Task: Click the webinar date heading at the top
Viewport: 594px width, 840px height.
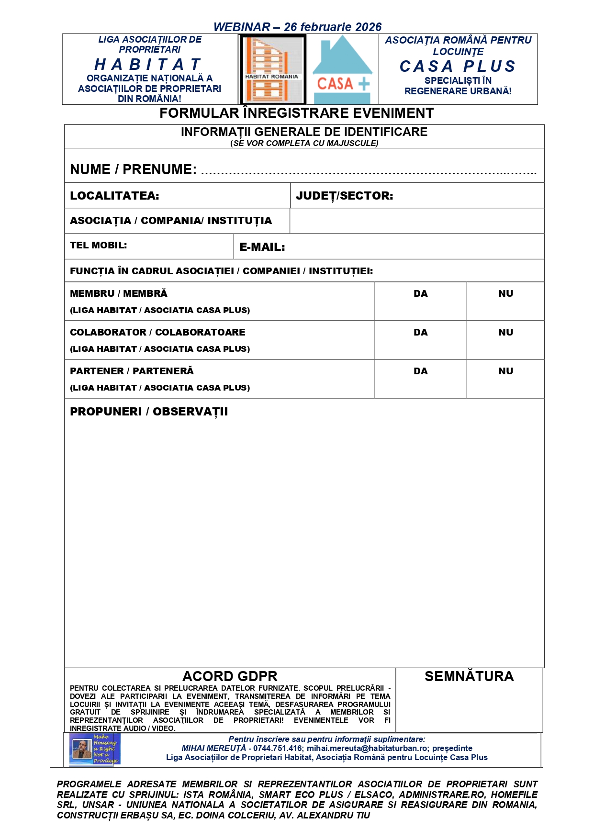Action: (x=297, y=27)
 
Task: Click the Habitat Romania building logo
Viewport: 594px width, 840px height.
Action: (x=272, y=70)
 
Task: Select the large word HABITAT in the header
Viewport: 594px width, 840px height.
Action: (x=149, y=64)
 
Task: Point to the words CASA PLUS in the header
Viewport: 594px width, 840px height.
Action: (x=458, y=66)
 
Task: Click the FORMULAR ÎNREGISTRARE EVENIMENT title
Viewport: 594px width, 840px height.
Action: (x=296, y=113)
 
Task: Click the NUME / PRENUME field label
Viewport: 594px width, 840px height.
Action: (x=133, y=169)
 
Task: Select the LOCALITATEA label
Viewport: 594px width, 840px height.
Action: (x=114, y=196)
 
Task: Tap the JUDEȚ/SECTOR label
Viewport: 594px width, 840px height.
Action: (x=344, y=196)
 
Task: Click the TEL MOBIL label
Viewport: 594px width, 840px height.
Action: (x=98, y=245)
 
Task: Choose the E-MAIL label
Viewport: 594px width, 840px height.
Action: (x=262, y=247)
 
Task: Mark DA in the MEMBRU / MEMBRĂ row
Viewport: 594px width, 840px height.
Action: (x=420, y=294)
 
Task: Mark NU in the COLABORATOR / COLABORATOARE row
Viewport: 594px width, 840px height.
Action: (x=505, y=333)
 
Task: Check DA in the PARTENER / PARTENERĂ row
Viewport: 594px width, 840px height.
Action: (x=420, y=371)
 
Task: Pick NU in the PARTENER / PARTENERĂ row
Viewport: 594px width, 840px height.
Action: (x=505, y=371)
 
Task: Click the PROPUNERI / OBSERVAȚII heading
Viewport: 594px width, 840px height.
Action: (x=149, y=412)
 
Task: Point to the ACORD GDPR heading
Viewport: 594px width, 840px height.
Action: (x=230, y=676)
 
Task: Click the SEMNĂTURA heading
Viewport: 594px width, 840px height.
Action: (x=469, y=676)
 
